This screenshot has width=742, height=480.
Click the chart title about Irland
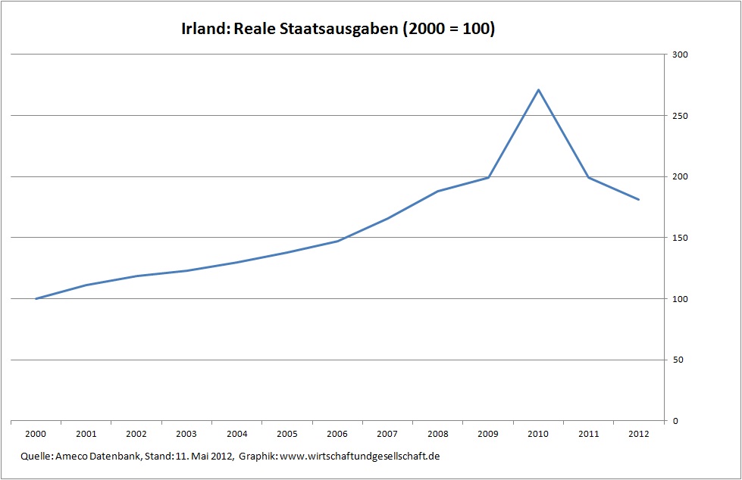click(337, 30)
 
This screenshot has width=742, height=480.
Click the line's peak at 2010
click(538, 90)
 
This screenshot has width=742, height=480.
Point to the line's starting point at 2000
click(36, 298)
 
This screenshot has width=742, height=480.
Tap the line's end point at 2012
click(639, 200)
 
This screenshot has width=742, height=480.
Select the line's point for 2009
click(488, 177)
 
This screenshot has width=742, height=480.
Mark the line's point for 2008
click(438, 191)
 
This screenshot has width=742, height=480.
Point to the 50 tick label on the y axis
click(677, 360)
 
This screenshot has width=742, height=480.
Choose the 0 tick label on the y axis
click(675, 421)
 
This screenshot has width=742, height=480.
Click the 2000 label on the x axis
click(36, 435)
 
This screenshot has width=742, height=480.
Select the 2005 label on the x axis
click(287, 435)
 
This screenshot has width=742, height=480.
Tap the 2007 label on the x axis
click(387, 435)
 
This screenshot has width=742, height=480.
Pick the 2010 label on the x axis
click(538, 435)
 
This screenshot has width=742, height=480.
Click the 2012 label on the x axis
click(639, 435)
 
